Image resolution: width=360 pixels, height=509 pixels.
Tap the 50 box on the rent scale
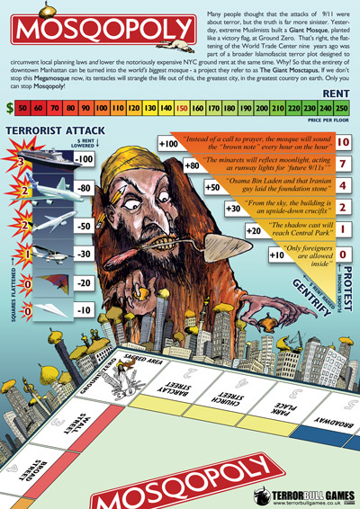pyautogui.click(x=26, y=107)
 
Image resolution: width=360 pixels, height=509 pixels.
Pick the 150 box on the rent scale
pyautogui.click(x=183, y=107)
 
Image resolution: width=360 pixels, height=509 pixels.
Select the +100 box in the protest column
pyautogui.click(x=167, y=144)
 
